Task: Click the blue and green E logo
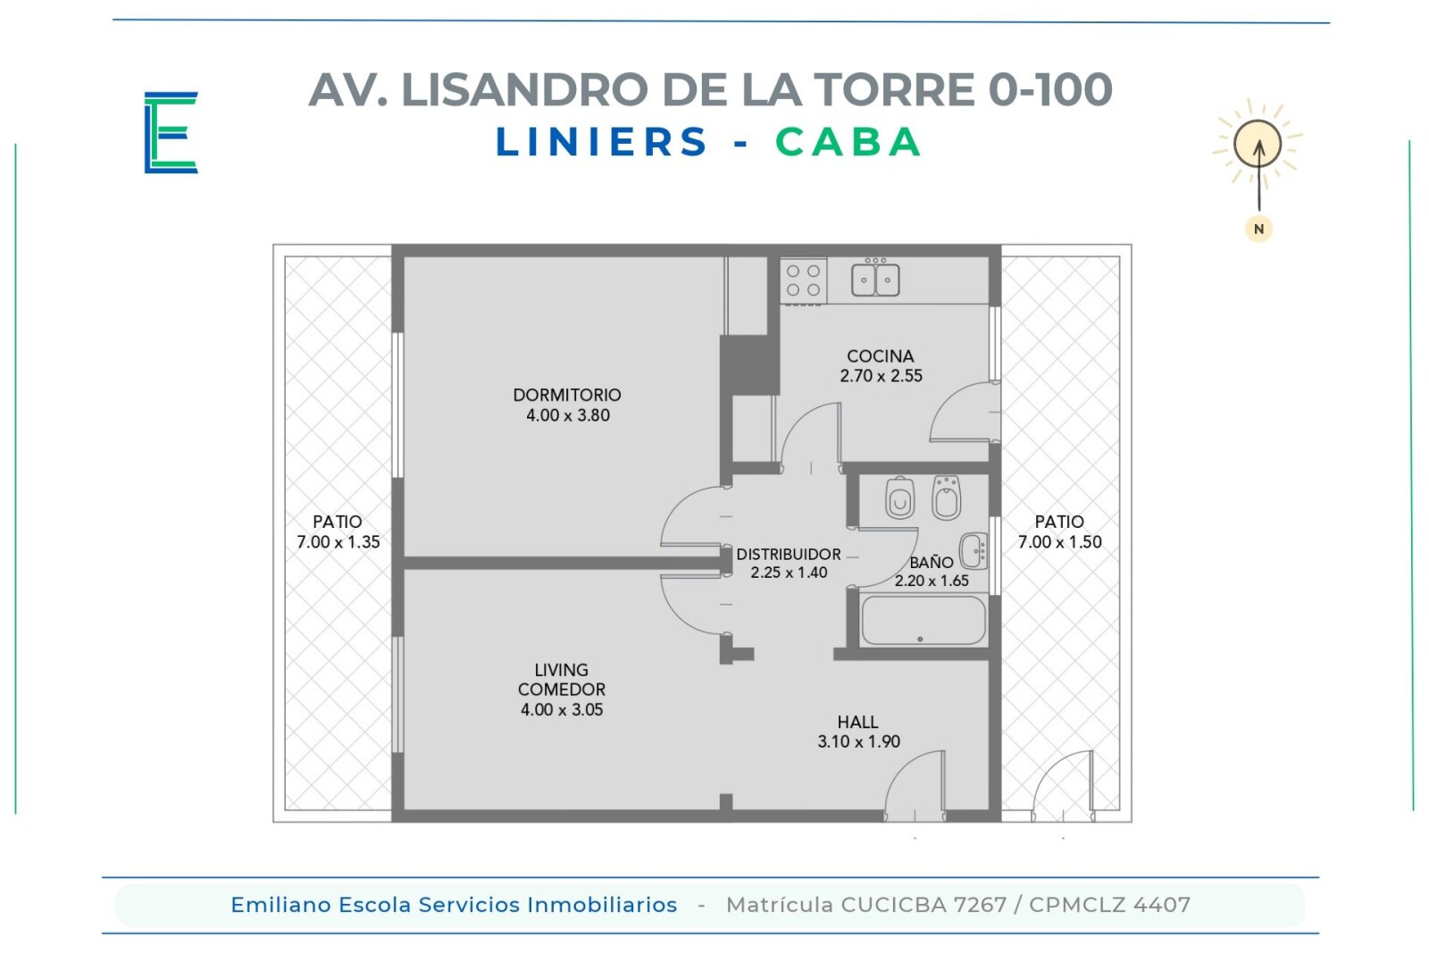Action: tap(171, 132)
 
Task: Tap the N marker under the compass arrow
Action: tap(1258, 229)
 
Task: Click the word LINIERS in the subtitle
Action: tap(602, 142)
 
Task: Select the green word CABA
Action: tap(848, 142)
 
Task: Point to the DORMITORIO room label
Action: tap(567, 395)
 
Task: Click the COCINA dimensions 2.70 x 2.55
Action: tap(881, 376)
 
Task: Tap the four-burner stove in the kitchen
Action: tap(803, 280)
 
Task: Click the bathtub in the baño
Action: tap(923, 621)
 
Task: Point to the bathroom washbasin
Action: tap(974, 550)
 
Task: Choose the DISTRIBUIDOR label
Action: tap(789, 554)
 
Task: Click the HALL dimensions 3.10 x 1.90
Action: tap(858, 741)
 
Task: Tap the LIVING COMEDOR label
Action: tap(562, 680)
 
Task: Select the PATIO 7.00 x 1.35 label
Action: tap(338, 531)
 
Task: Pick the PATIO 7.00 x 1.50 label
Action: tap(1059, 531)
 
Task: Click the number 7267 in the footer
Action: tap(980, 905)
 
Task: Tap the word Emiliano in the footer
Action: tap(281, 905)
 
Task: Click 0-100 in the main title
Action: tap(1050, 89)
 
